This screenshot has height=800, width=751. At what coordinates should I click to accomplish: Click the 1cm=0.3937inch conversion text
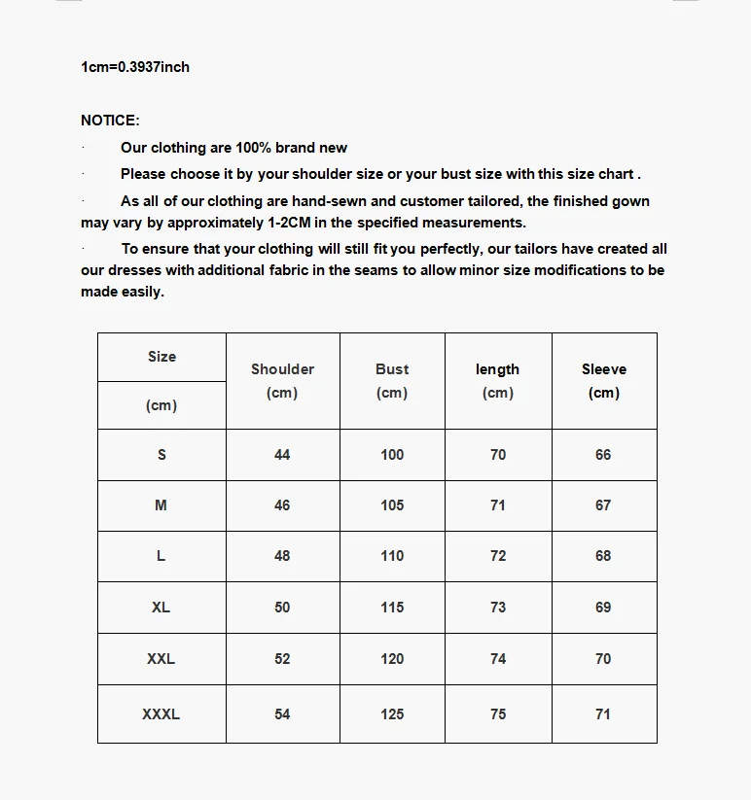(135, 67)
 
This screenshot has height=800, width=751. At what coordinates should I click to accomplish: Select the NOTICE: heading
(110, 121)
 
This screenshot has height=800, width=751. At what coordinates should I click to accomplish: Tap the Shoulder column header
(282, 369)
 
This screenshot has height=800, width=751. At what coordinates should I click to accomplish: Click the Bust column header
(392, 369)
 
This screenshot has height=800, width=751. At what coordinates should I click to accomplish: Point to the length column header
(497, 369)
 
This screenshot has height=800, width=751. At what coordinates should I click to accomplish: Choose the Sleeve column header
(604, 369)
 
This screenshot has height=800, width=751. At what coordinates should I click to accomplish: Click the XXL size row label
(161, 658)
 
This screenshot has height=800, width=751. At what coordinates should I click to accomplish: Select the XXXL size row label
(161, 713)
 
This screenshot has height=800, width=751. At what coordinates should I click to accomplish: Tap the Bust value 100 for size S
(392, 455)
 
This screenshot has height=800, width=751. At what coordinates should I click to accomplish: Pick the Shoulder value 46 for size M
(282, 505)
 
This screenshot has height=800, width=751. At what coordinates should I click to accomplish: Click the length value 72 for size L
(498, 556)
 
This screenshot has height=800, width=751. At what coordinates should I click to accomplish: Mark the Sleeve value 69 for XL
(603, 608)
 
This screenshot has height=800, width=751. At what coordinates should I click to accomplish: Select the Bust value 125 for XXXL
(392, 714)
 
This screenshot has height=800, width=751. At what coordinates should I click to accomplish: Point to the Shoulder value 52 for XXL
(282, 659)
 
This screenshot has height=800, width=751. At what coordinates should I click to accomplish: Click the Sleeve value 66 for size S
(603, 455)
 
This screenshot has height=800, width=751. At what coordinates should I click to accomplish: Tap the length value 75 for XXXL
(498, 714)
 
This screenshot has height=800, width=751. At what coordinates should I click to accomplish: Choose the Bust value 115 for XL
(392, 608)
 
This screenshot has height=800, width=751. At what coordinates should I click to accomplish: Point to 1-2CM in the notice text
(287, 223)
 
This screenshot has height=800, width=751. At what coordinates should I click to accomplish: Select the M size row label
(161, 505)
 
